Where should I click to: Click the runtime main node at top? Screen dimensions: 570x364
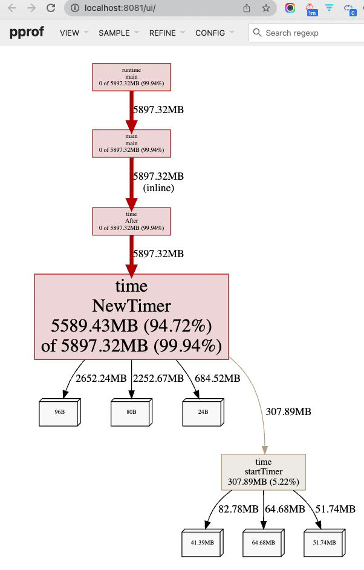click(131, 77)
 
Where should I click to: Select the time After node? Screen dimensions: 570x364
click(131, 221)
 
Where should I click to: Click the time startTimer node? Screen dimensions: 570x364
click(264, 472)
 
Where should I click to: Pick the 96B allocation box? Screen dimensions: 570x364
click(59, 412)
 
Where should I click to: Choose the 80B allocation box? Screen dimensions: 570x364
click(131, 412)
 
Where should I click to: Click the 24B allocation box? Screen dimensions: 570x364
click(203, 412)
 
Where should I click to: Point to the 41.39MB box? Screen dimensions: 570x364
click(202, 543)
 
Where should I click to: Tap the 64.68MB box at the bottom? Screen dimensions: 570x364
click(263, 543)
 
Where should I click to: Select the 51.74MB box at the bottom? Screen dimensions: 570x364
click(323, 543)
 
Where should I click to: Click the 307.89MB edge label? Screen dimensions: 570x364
click(288, 412)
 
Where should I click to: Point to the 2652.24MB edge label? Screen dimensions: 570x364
click(101, 379)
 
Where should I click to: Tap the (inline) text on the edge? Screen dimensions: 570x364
click(158, 188)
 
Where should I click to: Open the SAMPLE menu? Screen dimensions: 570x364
click(119, 33)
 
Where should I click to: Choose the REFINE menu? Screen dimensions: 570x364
click(167, 33)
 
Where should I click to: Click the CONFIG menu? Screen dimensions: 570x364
click(214, 33)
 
